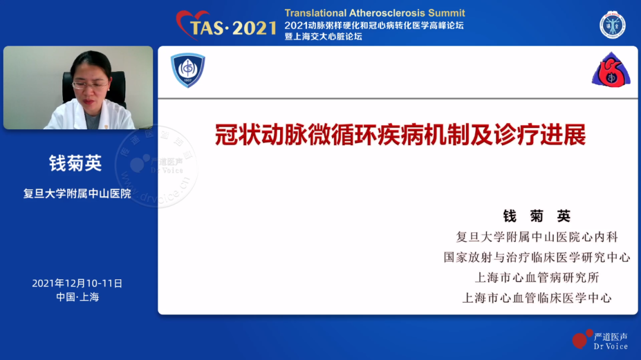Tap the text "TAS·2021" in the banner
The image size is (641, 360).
[x=233, y=28]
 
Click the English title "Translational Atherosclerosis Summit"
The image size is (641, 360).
[x=375, y=13]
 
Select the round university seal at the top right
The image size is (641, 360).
[x=613, y=25]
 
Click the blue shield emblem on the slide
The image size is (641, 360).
[x=188, y=70]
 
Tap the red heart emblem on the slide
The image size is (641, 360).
[x=611, y=70]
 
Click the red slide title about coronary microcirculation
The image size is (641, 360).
[x=400, y=135]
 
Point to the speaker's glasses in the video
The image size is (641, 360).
[x=90, y=85]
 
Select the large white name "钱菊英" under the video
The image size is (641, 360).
[x=75, y=163]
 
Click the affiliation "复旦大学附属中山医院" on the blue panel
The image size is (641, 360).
[x=77, y=193]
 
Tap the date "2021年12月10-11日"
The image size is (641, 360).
[x=77, y=283]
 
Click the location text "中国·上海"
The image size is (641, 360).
[x=78, y=297]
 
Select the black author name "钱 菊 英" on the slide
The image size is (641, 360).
[x=537, y=216]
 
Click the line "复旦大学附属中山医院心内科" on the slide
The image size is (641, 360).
[x=537, y=237]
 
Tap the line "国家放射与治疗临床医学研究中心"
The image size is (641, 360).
[x=537, y=257]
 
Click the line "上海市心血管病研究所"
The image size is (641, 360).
[x=537, y=278]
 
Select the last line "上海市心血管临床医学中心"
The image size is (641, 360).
[x=537, y=298]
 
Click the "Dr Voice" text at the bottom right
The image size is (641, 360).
[x=611, y=346]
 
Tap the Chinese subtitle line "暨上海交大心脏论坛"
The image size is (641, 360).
[x=323, y=36]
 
